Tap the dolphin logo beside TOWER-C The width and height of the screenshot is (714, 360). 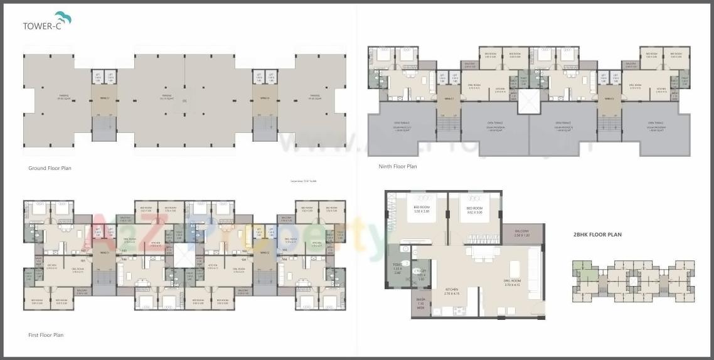point(63,17)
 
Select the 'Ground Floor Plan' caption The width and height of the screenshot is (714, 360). point(50,168)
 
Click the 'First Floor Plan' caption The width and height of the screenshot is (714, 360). point(46,335)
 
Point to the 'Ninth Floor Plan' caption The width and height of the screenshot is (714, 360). point(398,166)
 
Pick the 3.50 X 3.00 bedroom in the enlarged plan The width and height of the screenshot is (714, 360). point(422,209)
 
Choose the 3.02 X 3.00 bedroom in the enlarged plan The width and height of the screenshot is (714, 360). point(474,209)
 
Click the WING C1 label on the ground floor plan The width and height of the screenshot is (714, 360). point(104,98)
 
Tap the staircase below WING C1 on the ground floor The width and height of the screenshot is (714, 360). point(104,129)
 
